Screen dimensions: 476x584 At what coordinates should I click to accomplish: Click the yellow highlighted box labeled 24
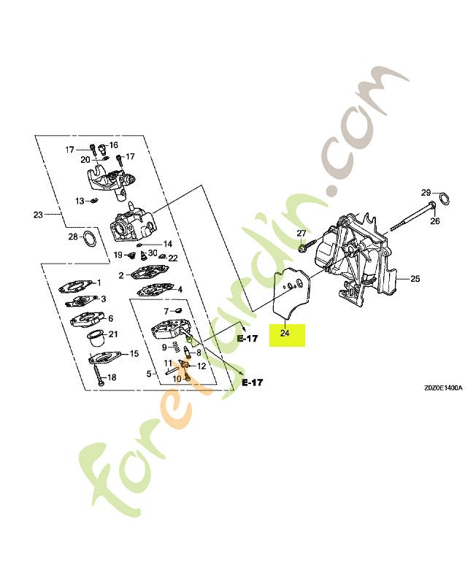point(287,335)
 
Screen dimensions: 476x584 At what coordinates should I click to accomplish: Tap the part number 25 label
point(415,279)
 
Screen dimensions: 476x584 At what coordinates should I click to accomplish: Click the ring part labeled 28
point(89,238)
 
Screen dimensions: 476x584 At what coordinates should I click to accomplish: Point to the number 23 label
point(39,215)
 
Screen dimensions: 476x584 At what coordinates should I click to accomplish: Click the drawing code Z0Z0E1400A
point(443,388)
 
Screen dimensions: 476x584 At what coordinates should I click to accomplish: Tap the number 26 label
point(435,221)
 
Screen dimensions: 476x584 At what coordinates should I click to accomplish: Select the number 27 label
point(301,233)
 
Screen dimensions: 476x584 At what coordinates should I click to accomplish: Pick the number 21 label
point(113,334)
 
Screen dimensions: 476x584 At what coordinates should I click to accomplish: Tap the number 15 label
point(134,353)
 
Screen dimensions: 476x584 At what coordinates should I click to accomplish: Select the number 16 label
point(113,145)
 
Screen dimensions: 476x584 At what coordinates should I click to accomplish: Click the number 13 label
point(80,201)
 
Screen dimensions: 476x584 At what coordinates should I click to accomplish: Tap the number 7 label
point(166,311)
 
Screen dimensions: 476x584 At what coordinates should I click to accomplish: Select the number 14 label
point(168,245)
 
